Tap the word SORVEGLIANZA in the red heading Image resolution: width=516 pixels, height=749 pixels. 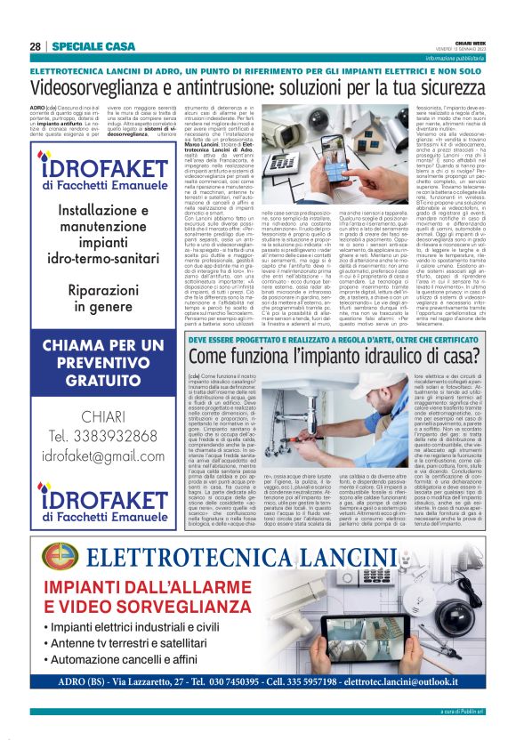176,614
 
